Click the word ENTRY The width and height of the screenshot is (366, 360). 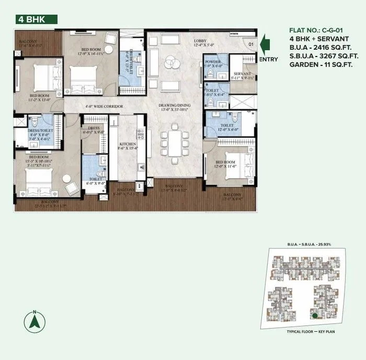point(268,59)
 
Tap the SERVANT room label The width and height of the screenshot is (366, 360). point(242,74)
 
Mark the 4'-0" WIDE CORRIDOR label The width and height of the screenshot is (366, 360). point(104,107)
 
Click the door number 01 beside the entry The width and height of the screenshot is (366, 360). point(250,44)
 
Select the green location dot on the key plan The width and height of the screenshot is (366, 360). point(314,316)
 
